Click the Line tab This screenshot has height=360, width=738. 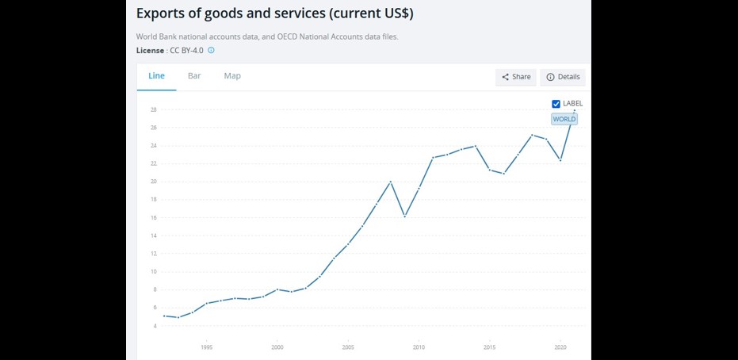pos(156,76)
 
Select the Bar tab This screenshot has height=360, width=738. pos(194,76)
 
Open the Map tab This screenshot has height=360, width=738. pos(232,76)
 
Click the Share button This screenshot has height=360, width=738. pos(516,77)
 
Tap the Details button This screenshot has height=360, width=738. pos(564,77)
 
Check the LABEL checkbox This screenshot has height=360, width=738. pos(556,104)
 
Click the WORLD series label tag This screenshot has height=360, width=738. pos(564,119)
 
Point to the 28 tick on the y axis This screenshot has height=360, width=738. pos(153,109)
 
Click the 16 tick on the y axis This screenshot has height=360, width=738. pos(153,217)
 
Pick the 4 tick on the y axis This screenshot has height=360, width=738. pos(154,326)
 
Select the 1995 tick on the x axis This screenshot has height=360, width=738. pos(207,347)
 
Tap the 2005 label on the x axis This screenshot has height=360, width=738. pos(348,347)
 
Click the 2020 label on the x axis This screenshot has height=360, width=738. pos(560,347)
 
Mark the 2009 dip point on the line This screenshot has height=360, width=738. pos(405,216)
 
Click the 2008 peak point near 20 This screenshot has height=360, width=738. pos(391,182)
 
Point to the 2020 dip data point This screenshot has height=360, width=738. pos(560,160)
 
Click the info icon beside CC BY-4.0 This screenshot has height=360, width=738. pos(212,51)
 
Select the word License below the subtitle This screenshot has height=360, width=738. pos(150,51)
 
